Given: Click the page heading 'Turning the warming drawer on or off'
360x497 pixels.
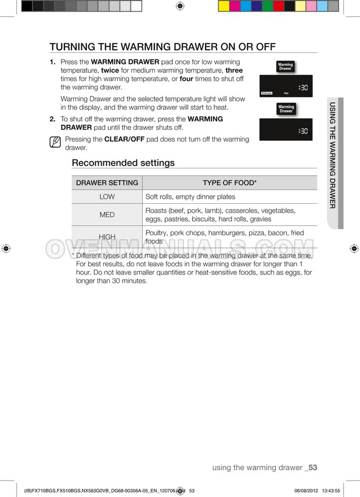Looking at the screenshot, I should [x=162, y=47].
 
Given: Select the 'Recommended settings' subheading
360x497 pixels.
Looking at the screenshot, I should [x=123, y=163].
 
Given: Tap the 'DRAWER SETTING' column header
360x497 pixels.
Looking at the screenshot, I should [x=107, y=183].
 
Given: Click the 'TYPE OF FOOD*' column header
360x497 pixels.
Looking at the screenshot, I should [x=229, y=183].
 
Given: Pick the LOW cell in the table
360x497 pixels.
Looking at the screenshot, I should [x=107, y=197].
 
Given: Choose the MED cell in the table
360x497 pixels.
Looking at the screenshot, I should [x=107, y=215].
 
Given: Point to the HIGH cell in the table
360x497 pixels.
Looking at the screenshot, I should [x=107, y=237].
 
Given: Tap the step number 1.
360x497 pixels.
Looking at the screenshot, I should [x=52, y=62].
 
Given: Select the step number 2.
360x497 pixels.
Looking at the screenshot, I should [x=52, y=119].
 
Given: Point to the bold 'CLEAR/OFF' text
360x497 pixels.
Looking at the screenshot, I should [x=124, y=139].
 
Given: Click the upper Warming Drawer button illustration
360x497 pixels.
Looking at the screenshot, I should [x=285, y=67].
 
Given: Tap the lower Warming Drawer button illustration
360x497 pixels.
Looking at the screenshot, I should [x=286, y=109].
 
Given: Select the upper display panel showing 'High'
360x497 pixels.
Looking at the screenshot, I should [x=286, y=87].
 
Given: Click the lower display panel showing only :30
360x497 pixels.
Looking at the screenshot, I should [x=286, y=129].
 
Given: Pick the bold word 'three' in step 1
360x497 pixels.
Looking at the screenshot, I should [x=234, y=70].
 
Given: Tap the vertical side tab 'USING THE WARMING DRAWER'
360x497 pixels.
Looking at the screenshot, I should [x=333, y=156].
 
